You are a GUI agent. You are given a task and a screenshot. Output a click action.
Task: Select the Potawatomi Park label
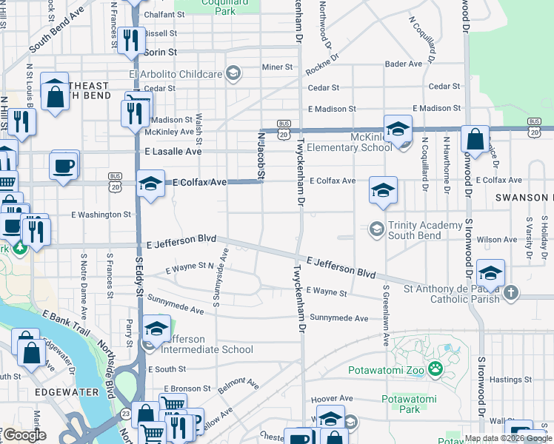coord(409,404)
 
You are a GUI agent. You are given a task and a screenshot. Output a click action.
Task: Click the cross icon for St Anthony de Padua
coord(511,294)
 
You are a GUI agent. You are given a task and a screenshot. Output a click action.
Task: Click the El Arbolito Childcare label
coord(176,74)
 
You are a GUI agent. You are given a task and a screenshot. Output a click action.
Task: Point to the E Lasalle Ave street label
coord(173,152)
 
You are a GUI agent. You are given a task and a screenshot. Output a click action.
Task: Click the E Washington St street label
coord(101,215)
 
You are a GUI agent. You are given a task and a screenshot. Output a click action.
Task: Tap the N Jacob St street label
coord(261,156)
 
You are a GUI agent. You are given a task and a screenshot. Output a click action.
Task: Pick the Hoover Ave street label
coord(349,397)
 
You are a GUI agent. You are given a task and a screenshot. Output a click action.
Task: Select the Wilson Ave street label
coord(497,240)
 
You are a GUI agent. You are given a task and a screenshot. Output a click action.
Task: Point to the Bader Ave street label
coord(404,64)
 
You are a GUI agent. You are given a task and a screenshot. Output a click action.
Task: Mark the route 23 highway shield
coord(127,413)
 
